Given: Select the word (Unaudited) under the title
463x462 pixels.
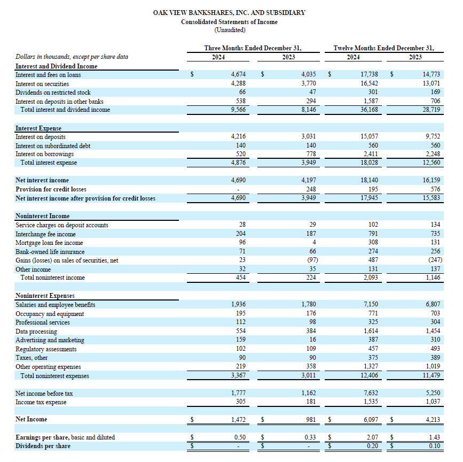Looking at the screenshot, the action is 230,30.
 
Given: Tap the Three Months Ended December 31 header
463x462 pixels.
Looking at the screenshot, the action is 253,48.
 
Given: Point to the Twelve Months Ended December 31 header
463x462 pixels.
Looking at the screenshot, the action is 383,48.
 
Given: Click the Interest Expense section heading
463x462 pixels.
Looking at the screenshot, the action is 38,128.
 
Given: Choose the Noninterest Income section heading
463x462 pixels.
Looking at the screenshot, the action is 43,216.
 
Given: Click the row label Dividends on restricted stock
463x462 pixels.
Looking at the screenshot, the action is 53,93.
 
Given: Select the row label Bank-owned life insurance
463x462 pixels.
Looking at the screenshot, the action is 50,252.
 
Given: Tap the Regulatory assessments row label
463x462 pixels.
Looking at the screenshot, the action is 46,349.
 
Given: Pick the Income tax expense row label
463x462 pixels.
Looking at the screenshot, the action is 41,402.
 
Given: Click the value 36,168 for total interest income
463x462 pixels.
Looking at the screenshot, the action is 369,110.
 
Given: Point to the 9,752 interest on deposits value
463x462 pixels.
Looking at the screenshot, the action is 433,136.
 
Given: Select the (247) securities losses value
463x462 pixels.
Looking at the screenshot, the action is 435,260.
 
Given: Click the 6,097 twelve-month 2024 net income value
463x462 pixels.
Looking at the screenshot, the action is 371,419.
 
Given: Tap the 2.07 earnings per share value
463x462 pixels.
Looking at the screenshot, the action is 372,437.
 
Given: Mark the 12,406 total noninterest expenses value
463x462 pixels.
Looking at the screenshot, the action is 369,375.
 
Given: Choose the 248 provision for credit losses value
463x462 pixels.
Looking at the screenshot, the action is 311,189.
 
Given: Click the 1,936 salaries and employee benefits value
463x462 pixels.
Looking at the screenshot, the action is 238,304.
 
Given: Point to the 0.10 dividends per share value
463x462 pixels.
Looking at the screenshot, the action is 434,446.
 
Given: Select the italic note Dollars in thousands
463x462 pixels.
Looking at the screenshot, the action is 72,57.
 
